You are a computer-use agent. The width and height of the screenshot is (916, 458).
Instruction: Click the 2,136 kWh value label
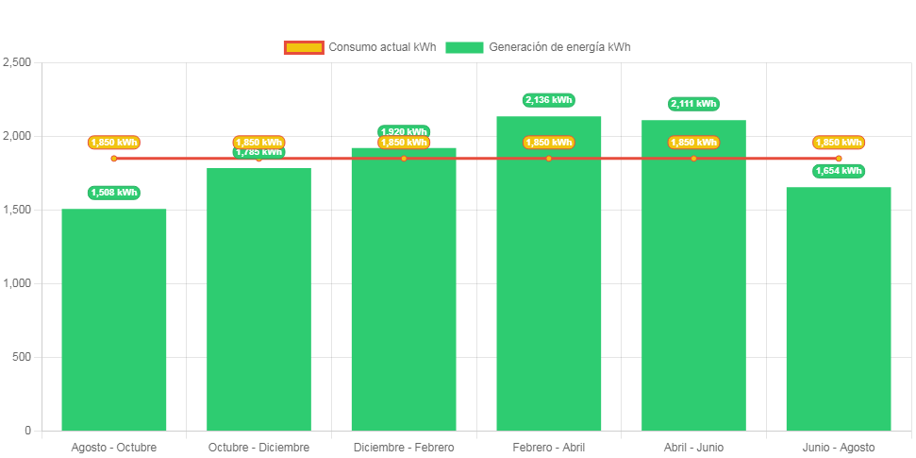(548, 100)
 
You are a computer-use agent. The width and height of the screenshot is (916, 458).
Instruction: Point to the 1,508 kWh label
(114, 193)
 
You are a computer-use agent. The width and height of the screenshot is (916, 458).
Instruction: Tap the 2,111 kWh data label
(693, 104)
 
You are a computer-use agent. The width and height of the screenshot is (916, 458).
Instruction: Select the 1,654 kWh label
(838, 171)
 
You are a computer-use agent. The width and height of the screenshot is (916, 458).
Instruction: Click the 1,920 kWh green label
(404, 131)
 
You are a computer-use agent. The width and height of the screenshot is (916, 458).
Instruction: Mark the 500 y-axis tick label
(22, 357)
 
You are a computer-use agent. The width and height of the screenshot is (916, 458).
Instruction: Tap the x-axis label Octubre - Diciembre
(258, 447)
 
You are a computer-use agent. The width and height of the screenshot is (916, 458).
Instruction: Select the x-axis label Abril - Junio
(693, 447)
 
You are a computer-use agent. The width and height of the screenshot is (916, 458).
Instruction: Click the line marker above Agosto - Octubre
(114, 159)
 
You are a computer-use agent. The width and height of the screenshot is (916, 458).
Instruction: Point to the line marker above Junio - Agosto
(838, 159)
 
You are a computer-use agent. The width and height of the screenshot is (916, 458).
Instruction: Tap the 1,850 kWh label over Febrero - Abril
(548, 143)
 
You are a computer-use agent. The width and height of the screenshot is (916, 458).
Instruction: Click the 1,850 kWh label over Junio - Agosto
(838, 143)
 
